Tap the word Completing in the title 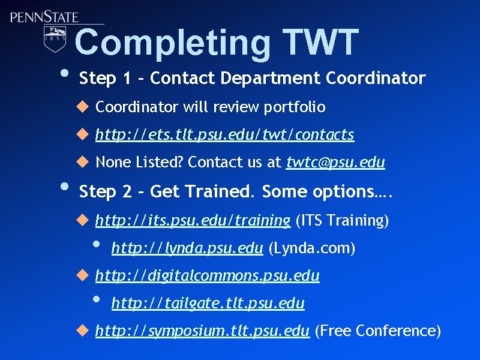tap(172, 43)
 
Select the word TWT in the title tap(322, 43)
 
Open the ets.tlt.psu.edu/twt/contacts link tap(224, 135)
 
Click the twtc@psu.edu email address tap(335, 163)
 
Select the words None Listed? tap(140, 163)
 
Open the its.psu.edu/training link tap(193, 221)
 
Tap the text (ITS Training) tap(342, 221)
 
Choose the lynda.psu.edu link tap(187, 248)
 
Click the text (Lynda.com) tap(311, 248)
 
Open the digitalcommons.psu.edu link tap(207, 276)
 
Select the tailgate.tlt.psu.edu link tap(208, 304)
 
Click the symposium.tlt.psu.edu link tap(202, 331)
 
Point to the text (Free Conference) tap(377, 331)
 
